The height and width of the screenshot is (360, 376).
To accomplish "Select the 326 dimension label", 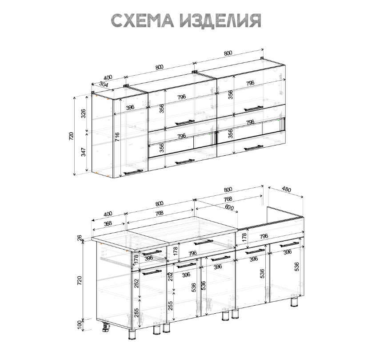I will point(83,114).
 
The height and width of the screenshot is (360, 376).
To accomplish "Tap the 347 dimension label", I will point(83,152).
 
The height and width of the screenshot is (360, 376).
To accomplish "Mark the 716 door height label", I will point(117,136).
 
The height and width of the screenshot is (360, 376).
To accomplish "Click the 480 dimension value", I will point(286,190).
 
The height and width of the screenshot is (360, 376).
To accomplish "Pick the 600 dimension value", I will point(229,207).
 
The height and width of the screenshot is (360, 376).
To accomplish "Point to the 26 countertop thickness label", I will point(80,239).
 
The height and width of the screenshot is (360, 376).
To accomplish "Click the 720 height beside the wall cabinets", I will point(71,136).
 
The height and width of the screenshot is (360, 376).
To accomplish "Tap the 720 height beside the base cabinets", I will point(80,280).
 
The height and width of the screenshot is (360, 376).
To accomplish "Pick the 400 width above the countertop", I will point(108,214).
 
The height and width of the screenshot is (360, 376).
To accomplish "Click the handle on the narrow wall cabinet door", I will point(133,172).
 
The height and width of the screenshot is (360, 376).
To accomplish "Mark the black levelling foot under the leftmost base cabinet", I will point(106,328).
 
